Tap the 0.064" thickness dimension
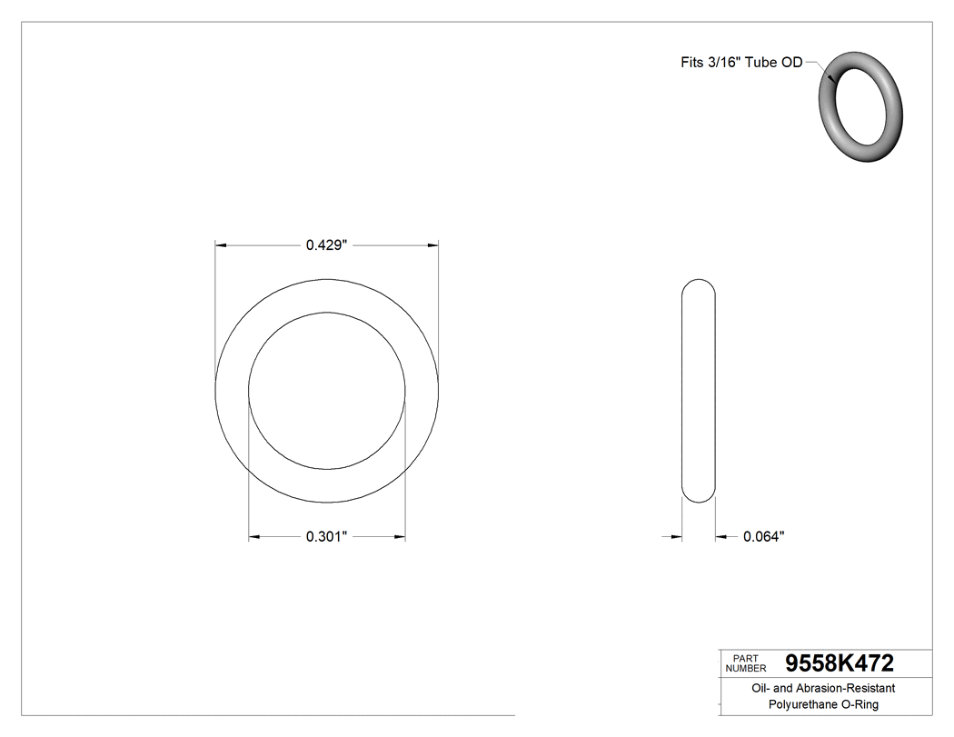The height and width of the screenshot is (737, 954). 763,537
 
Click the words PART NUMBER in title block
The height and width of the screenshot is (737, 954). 744,662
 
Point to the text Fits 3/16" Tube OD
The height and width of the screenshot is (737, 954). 741,63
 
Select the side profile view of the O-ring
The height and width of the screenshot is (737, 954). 699,390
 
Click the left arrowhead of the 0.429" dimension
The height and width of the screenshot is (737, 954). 220,244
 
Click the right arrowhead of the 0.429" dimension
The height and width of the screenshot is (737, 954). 433,244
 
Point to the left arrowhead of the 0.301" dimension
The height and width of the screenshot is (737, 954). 254,537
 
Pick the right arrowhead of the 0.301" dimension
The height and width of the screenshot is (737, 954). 400,537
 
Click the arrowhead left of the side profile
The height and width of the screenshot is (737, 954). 676,537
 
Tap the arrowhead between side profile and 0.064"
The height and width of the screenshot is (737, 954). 721,537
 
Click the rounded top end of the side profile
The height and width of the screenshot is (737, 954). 699,284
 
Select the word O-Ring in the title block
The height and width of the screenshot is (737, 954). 859,704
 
